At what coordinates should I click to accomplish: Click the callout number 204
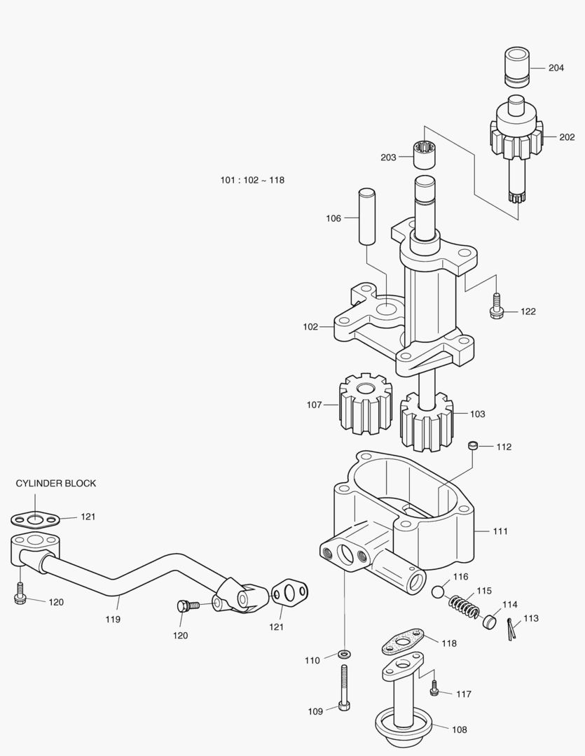coord(556,68)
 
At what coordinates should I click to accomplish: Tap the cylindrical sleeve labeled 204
coord(515,68)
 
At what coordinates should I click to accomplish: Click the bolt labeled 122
coord(497,307)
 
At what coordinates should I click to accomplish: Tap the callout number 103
coord(477,414)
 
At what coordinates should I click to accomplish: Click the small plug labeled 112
coord(474,445)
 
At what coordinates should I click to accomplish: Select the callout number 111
coord(500,531)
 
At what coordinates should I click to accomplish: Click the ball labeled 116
coord(439,591)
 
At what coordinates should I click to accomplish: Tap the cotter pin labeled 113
coord(510,627)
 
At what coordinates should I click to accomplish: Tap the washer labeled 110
coord(344,654)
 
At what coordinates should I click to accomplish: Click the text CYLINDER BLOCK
coord(56,483)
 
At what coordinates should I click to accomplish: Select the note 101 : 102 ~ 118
coord(252,180)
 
